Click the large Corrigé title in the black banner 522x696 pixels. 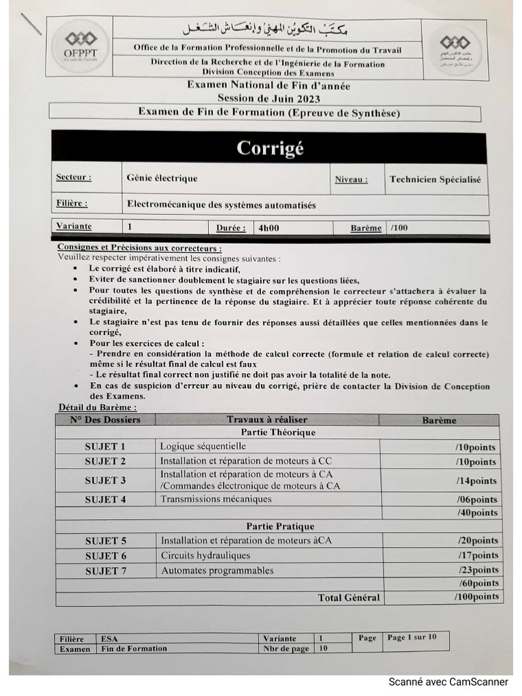(x=269, y=148)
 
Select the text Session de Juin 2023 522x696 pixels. (x=268, y=98)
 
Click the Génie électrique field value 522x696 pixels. (x=162, y=179)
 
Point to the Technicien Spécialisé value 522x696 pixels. (x=434, y=180)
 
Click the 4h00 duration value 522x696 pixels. (x=268, y=228)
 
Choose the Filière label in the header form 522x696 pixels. (x=71, y=203)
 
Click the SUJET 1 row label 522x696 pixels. (x=105, y=447)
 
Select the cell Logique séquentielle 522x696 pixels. (x=203, y=447)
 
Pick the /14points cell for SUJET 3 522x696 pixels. (x=476, y=481)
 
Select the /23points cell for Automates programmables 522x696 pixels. (x=477, y=570)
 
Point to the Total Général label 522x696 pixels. (x=349, y=598)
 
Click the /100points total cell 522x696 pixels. (x=476, y=597)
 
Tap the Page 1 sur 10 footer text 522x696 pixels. (x=413, y=638)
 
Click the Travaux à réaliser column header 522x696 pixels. (x=267, y=420)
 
